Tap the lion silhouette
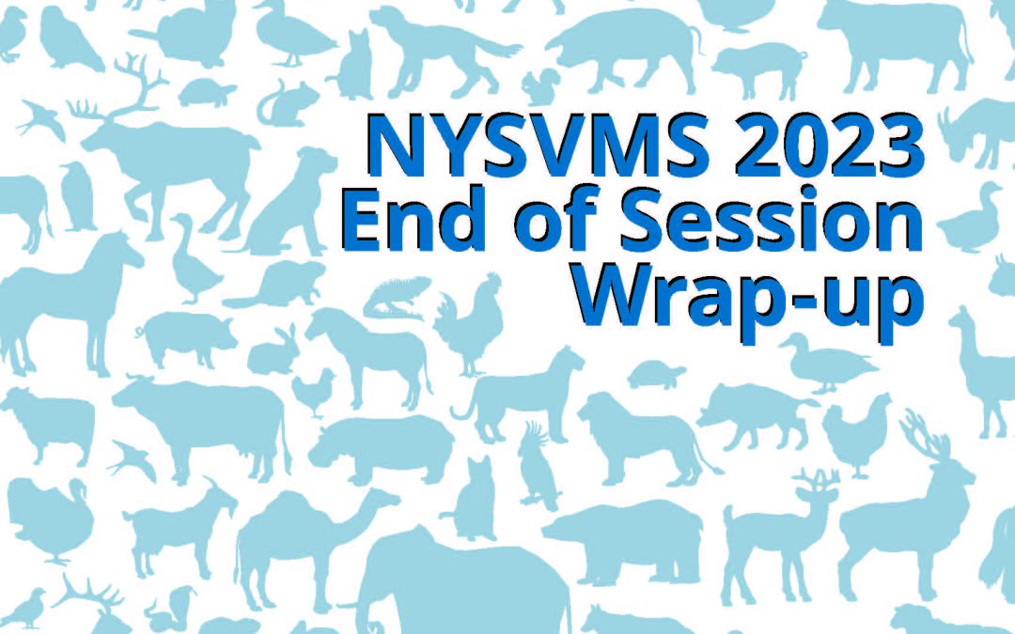point(648,440)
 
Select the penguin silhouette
point(77,196)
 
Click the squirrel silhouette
point(541,88)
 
